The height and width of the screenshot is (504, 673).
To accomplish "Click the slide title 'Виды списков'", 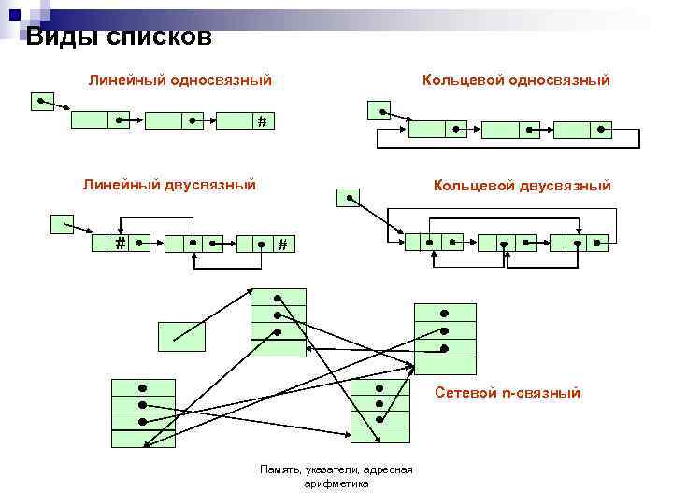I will [x=119, y=37].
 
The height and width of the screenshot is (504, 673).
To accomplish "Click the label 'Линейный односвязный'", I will [x=180, y=80].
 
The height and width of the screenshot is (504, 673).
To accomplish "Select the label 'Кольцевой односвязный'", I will [x=516, y=80].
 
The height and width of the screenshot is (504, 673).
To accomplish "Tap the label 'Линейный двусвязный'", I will [x=169, y=185].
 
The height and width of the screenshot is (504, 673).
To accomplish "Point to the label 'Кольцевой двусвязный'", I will [x=522, y=186].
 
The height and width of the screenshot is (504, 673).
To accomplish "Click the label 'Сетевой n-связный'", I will [x=508, y=393].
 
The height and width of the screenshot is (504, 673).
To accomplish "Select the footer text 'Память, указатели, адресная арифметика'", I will [x=336, y=476].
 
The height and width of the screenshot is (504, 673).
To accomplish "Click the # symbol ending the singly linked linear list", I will [x=262, y=120].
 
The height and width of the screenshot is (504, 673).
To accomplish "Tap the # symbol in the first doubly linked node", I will [x=121, y=244].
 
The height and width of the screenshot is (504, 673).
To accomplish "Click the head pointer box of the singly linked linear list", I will [x=42, y=101].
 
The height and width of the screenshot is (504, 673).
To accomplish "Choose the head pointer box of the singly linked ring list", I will [x=379, y=110].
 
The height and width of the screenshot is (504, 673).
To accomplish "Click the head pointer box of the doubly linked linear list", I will [x=62, y=223].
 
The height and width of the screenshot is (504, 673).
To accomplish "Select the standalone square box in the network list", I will [x=180, y=336].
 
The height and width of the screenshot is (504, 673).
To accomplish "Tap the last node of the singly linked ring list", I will [x=582, y=130].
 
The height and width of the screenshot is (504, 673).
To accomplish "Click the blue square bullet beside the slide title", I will [x=14, y=13].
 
